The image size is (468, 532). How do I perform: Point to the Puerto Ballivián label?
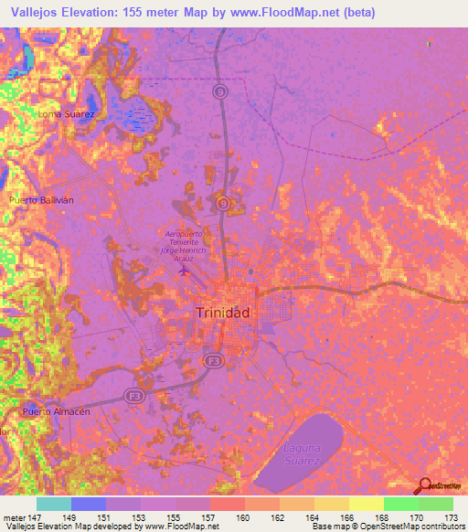(40, 198)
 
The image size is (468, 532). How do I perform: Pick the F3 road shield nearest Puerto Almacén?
(134, 396)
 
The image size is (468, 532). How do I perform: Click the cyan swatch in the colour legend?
(53, 504)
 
